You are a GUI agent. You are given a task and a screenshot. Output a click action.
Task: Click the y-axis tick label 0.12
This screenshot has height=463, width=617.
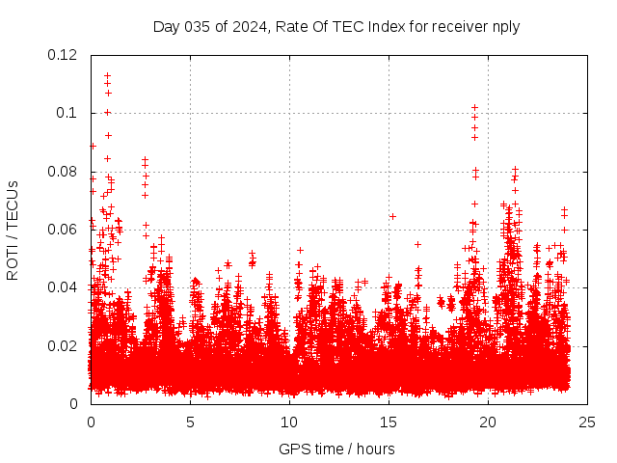[x=63, y=55]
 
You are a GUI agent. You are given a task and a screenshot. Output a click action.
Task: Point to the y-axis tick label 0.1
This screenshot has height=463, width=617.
[x=67, y=113]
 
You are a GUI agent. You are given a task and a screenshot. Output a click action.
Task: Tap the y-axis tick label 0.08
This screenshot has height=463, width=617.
[x=63, y=172]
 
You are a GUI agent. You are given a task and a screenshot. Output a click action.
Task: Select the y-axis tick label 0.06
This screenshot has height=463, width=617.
[x=63, y=230]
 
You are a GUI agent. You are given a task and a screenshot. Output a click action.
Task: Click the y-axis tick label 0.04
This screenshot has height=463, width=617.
[x=63, y=287]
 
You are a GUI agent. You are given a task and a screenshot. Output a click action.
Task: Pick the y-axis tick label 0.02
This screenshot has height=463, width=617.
[x=63, y=345]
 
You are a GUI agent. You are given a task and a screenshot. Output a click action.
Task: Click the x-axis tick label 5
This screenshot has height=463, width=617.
[x=190, y=422]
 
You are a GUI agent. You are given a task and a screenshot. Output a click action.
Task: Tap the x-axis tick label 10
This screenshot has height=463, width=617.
[x=289, y=422]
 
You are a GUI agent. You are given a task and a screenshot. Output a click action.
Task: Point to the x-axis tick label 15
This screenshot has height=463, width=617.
[x=389, y=422]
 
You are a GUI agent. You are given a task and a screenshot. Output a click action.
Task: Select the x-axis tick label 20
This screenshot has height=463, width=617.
[x=488, y=422]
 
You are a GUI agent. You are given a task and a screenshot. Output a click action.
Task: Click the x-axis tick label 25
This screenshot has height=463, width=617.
[x=587, y=422]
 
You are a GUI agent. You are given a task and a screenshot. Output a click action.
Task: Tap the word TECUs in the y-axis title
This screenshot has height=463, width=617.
[x=13, y=204]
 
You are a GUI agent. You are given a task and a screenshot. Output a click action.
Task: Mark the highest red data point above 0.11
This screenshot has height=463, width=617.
[x=107, y=75]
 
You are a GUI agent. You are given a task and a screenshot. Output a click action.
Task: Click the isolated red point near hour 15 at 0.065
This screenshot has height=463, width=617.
[x=392, y=216]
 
